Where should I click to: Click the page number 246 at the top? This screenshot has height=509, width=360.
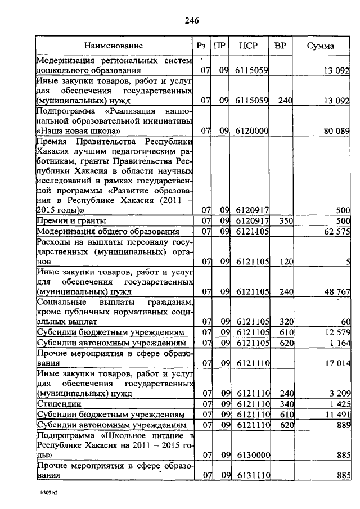click(192, 21)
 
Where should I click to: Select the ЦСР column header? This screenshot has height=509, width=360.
click(248, 46)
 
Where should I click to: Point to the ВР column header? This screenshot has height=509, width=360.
click(280, 46)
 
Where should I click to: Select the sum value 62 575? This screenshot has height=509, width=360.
click(337, 231)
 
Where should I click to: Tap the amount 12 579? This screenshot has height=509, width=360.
click(337, 332)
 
